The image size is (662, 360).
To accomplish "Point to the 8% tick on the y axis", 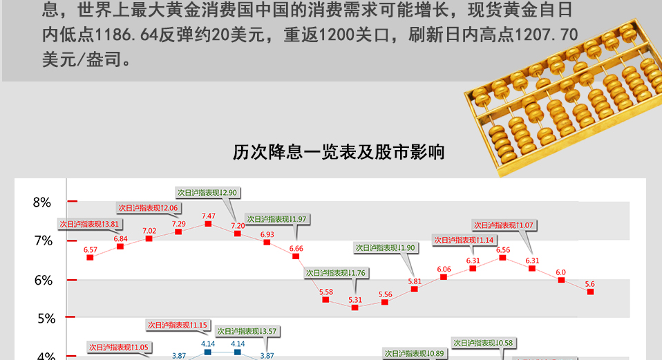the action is pyautogui.click(x=42, y=202).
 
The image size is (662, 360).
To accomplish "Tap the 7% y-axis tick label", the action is pyautogui.click(x=42, y=241).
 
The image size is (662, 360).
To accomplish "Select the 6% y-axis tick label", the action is pyautogui.click(x=42, y=280).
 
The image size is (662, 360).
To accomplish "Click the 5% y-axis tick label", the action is pyautogui.click(x=42, y=319).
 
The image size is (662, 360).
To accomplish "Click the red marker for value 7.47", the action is pyautogui.click(x=208, y=224).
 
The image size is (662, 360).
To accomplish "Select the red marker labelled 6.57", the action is pyautogui.click(x=90, y=257).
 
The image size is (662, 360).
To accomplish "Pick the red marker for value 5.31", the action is pyautogui.click(x=355, y=307).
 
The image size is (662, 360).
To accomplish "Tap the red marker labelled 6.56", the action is pyautogui.click(x=502, y=257).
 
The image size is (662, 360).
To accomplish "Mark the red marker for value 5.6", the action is pyautogui.click(x=590, y=292).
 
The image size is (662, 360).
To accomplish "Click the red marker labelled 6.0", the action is pyautogui.click(x=561, y=280).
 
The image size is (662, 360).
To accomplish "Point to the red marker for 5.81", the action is pyautogui.click(x=414, y=289).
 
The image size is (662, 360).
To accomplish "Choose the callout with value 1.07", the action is pyautogui.click(x=505, y=225).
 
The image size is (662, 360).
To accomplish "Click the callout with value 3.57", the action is pyautogui.click(x=247, y=331).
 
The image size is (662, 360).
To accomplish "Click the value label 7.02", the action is pyautogui.click(x=149, y=231).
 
